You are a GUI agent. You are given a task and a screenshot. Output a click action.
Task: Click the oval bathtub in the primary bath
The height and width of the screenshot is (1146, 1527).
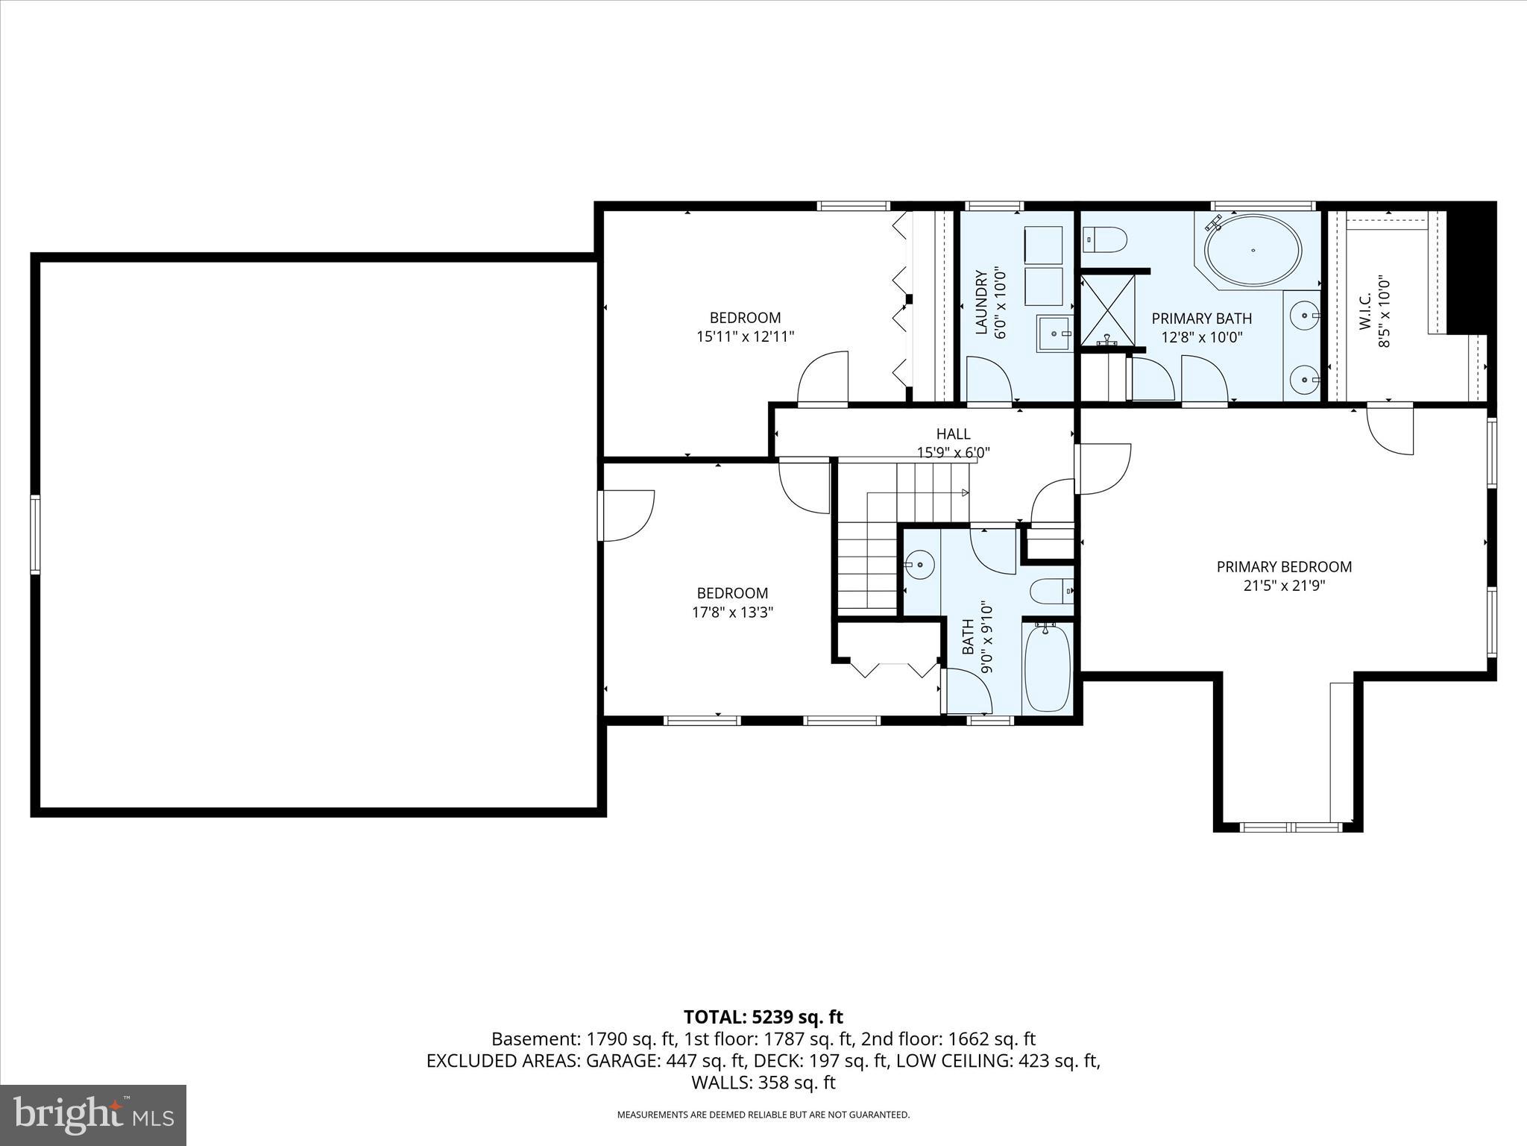pyautogui.click(x=1253, y=251)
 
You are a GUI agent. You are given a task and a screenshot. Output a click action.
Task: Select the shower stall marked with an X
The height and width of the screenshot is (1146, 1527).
pyautogui.click(x=1108, y=309)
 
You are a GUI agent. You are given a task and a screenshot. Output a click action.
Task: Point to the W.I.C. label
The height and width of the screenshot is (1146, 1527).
pyautogui.click(x=1365, y=312)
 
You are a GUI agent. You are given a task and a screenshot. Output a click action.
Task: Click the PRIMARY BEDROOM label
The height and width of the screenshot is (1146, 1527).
pyautogui.click(x=1284, y=567)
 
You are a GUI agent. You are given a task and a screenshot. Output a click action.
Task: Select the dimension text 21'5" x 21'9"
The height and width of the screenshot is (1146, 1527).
pyautogui.click(x=1284, y=586)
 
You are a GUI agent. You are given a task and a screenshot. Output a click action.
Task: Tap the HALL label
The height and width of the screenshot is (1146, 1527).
pyautogui.click(x=953, y=433)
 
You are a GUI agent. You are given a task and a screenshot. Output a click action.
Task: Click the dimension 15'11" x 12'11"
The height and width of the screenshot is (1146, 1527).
pyautogui.click(x=745, y=336)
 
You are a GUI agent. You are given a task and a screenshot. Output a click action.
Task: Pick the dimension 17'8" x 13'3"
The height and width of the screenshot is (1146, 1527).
pyautogui.click(x=732, y=613)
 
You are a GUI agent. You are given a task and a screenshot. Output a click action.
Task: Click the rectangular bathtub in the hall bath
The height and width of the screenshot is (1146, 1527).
pyautogui.click(x=1048, y=668)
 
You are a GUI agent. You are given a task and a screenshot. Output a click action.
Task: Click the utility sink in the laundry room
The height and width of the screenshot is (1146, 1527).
pyautogui.click(x=1054, y=333)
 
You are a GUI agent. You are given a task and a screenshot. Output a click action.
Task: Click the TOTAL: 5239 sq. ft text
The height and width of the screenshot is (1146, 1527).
pyautogui.click(x=763, y=1017)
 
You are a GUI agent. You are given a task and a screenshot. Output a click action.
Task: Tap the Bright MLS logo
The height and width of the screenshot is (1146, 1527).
pyautogui.click(x=93, y=1115)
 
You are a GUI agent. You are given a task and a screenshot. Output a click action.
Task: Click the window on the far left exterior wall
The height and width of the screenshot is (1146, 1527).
pyautogui.click(x=34, y=535)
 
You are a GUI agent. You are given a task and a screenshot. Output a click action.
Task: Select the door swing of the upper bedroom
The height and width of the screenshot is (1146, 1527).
pyautogui.click(x=822, y=379)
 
